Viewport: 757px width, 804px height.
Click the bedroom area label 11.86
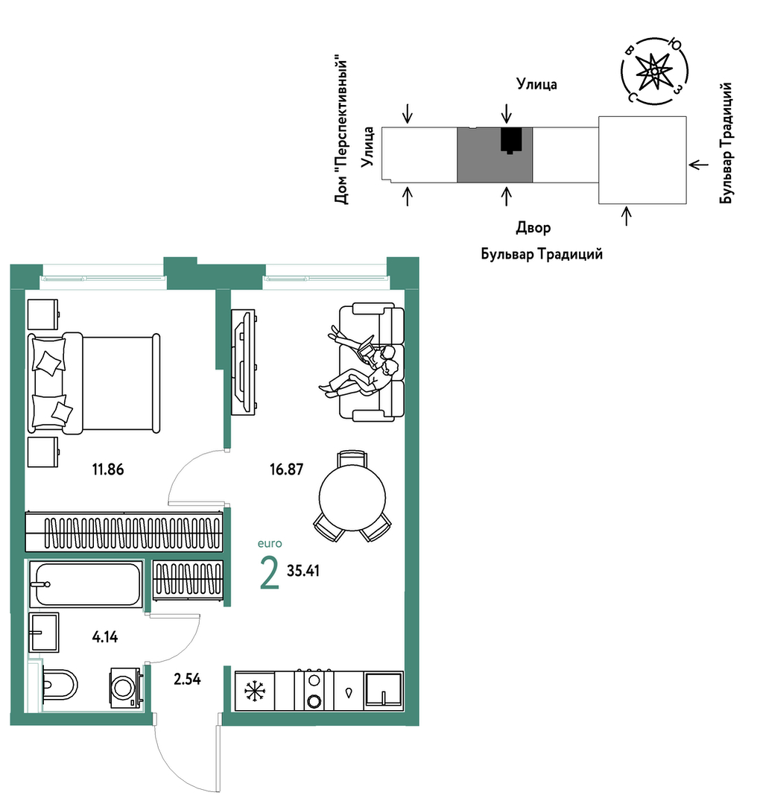[108, 469]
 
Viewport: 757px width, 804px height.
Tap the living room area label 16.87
[287, 469]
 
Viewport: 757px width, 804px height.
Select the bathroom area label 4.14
[104, 637]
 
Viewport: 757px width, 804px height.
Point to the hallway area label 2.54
[187, 680]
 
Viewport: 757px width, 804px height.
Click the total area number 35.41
[303, 571]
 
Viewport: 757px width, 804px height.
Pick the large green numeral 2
[270, 573]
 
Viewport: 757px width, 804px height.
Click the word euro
[270, 543]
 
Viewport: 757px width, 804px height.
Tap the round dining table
[352, 497]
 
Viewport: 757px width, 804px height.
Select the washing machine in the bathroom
[125, 687]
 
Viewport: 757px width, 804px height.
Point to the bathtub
[86, 584]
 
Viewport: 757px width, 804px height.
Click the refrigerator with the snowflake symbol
[254, 691]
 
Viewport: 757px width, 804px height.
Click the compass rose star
[654, 72]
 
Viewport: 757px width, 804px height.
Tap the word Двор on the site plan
[533, 228]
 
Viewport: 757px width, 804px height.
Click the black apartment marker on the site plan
[511, 140]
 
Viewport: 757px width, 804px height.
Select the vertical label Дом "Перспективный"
[341, 132]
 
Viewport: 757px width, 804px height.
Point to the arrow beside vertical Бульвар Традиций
[699, 165]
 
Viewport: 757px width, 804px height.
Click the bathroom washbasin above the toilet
[44, 632]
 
